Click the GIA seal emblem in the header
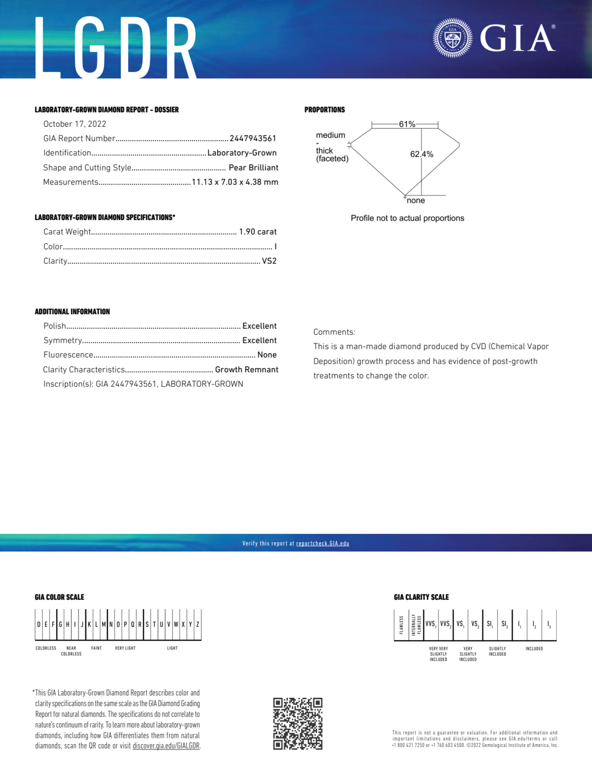tap(452, 38)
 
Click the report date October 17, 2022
tap(75, 124)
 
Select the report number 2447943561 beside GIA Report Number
tap(253, 138)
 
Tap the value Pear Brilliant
tap(253, 168)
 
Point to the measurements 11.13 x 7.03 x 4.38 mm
tap(235, 182)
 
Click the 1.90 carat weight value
tap(258, 232)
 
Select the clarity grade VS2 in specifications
tap(269, 261)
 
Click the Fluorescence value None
tap(267, 355)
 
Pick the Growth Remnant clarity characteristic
tap(246, 370)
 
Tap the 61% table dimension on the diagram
tap(407, 124)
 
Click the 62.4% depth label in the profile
tap(422, 154)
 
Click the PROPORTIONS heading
tap(325, 110)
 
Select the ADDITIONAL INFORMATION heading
tap(72, 312)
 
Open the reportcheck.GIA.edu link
tap(322, 544)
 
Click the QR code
tap(298, 724)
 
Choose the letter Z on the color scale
tap(198, 625)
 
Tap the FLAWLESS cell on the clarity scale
tap(401, 625)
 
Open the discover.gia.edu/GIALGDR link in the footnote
tap(166, 746)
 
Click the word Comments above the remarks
tap(334, 332)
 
